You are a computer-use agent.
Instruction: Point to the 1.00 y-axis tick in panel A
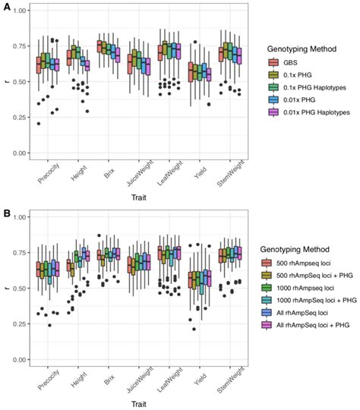pyautogui.click(x=21, y=11)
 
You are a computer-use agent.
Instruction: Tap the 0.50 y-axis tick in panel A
pyautogui.click(x=21, y=82)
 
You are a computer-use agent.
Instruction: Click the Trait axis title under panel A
pyautogui.click(x=137, y=199)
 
